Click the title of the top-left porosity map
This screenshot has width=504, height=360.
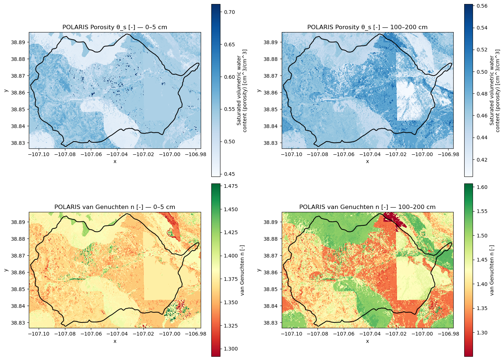[x=115, y=27]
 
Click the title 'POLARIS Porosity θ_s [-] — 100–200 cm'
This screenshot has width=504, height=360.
[x=367, y=27]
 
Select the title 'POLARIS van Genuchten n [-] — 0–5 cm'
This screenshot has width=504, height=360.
[x=115, y=207]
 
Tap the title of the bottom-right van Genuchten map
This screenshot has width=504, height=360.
[x=367, y=207]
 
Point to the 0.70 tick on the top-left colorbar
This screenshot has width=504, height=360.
[x=229, y=12]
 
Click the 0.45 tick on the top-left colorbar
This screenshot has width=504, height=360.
[x=229, y=174]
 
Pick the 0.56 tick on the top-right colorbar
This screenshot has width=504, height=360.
[x=482, y=6]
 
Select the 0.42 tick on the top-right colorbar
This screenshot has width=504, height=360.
[x=482, y=160]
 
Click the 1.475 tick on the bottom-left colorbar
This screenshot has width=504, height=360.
[x=231, y=186]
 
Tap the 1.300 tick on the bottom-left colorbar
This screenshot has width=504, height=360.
[x=231, y=349]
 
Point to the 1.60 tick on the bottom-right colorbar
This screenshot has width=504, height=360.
[x=482, y=187]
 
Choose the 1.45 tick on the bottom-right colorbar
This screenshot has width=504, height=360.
[x=482, y=260]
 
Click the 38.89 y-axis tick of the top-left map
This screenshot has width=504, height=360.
[x=18, y=42]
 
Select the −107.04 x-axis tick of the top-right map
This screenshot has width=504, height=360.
[x=370, y=155]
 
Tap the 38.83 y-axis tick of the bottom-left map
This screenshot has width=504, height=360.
[x=18, y=323]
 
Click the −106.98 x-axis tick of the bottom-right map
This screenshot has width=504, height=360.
[x=448, y=334]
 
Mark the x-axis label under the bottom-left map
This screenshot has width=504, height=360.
[x=115, y=341]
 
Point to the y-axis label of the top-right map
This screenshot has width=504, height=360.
[x=259, y=90]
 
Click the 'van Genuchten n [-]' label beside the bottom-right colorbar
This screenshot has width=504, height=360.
[x=492, y=270]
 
